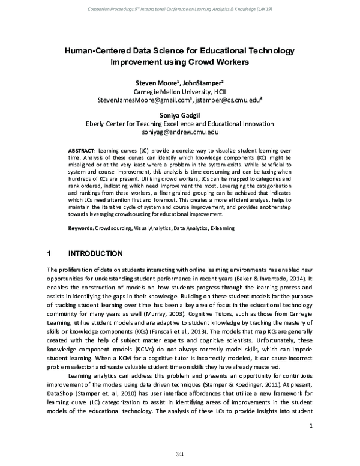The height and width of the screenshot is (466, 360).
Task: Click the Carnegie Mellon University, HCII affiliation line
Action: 180,91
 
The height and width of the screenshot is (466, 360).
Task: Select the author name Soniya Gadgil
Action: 180,115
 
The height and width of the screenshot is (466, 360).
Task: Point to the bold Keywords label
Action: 82,228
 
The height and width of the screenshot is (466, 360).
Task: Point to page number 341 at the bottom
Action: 179,452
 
